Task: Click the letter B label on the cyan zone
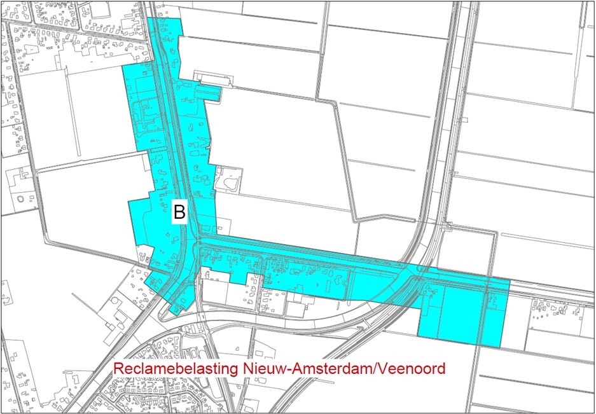[x=179, y=212]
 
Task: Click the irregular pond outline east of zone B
[x=228, y=181]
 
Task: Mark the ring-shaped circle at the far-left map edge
[x=23, y=199]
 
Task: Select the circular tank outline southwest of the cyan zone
[x=116, y=300]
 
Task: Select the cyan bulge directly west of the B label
[x=143, y=219]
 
